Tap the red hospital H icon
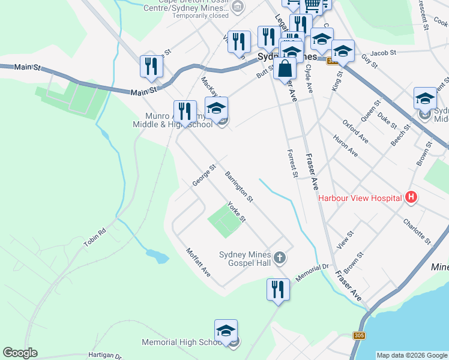tap(411, 197)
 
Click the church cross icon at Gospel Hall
tap(279, 259)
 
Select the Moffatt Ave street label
tap(198, 262)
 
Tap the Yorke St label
tap(237, 211)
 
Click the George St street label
tap(203, 175)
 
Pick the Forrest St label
tap(292, 163)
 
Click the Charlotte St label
tap(418, 231)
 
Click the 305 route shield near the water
tap(359, 335)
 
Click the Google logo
tap(20, 353)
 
